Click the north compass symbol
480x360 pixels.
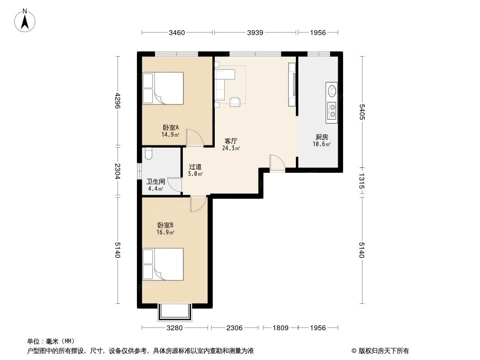26,20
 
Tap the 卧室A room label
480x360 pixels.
171,127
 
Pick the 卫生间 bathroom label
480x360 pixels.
155,182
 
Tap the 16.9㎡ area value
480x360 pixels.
165,233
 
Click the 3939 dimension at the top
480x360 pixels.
255,32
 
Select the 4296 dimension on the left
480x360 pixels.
118,101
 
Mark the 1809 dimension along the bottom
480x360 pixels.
280,328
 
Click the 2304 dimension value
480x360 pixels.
118,171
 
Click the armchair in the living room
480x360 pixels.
235,102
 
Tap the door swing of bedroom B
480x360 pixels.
198,204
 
